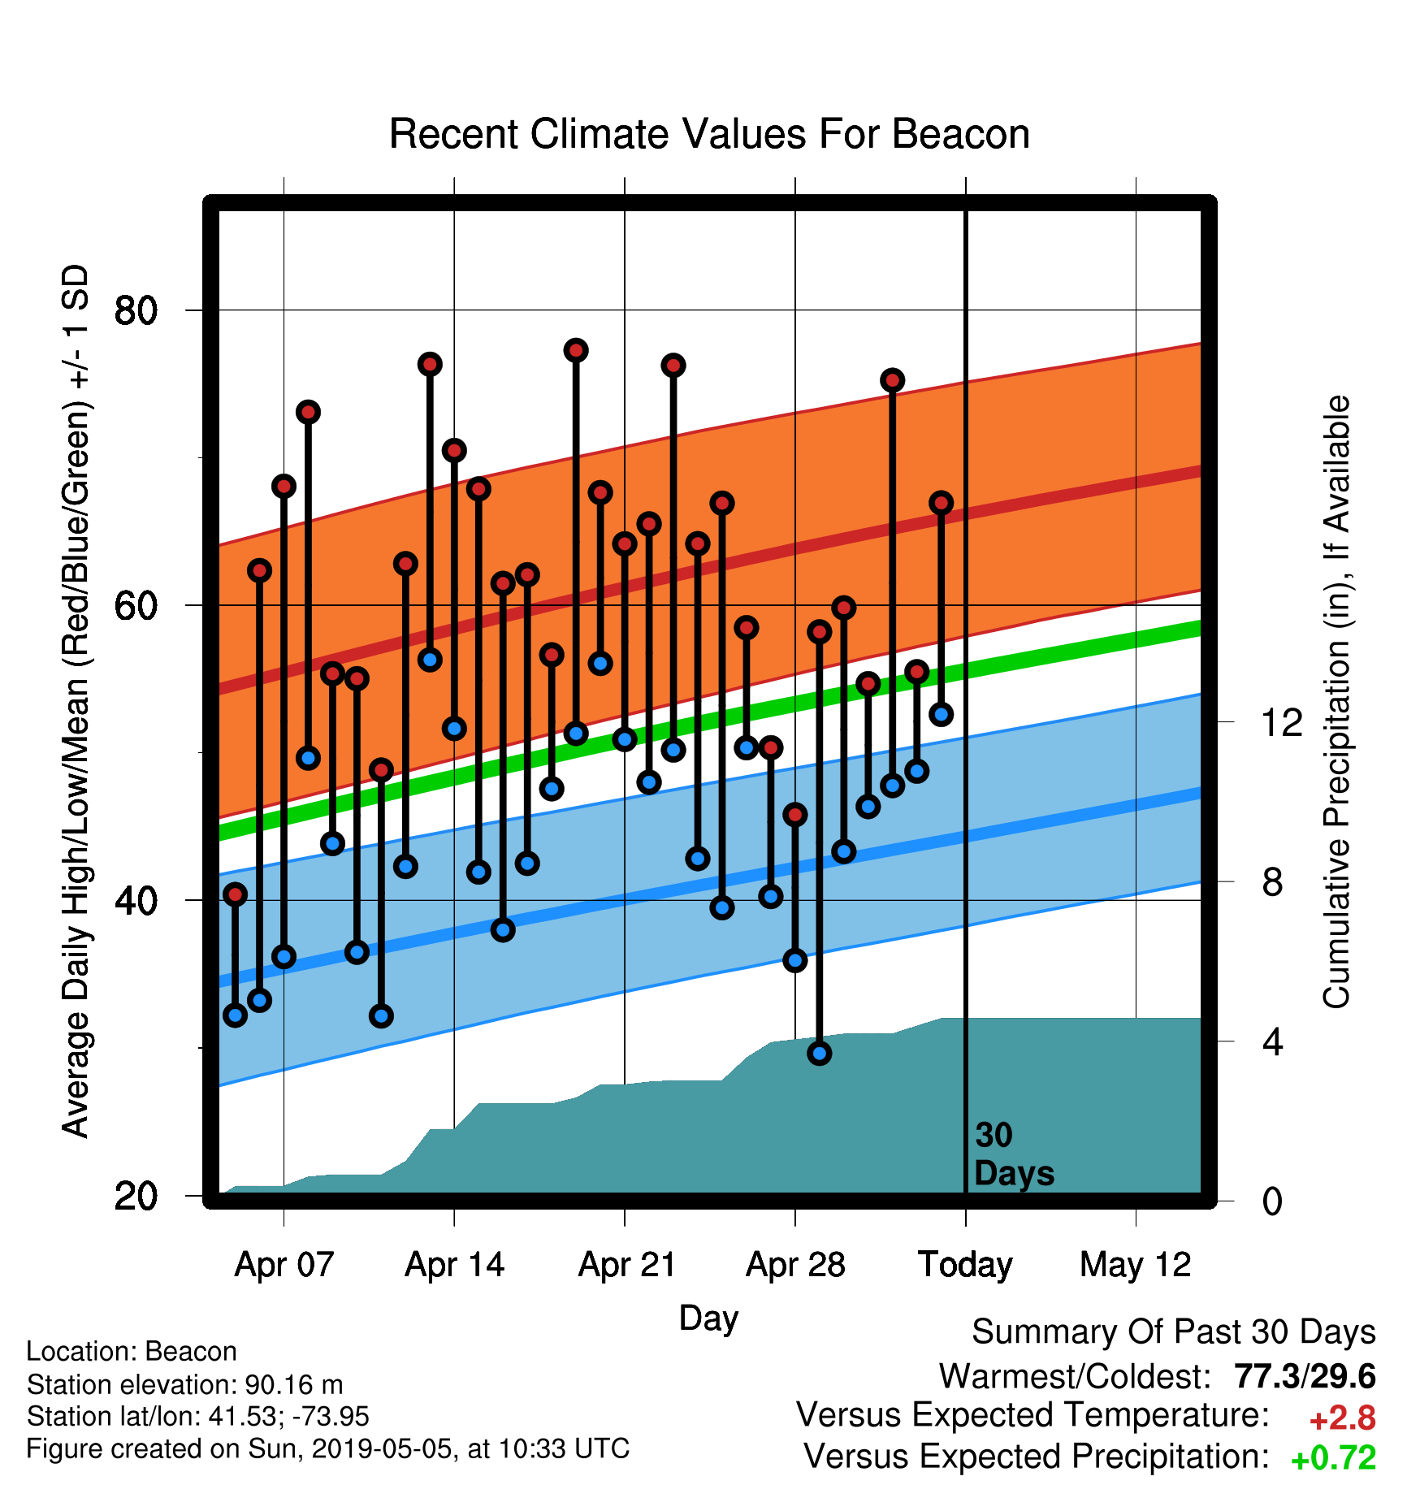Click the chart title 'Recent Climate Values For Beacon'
tap(709, 134)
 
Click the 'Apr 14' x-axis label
tap(455, 1265)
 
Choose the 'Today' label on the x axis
tap(965, 1265)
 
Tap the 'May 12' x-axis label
tap(1136, 1265)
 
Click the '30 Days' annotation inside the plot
tap(1014, 1154)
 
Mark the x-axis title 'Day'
tap(708, 1318)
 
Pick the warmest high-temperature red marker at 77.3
tap(576, 350)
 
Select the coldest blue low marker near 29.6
tap(819, 1053)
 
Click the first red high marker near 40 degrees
tap(235, 894)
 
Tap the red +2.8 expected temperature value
tap(1342, 1418)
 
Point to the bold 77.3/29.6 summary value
tap(1305, 1376)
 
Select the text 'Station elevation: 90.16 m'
tap(185, 1384)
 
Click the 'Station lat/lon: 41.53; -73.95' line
tap(198, 1416)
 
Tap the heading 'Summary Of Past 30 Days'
tap(1174, 1332)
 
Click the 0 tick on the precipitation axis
tap(1272, 1201)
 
